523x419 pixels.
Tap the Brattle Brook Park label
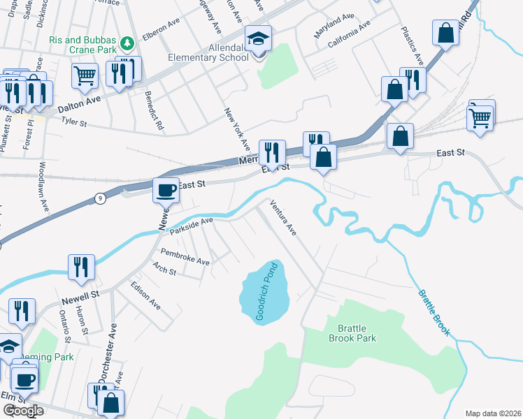pos(352,333)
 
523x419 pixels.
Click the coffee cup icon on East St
pos(166,189)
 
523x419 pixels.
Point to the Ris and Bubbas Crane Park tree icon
pos(127,44)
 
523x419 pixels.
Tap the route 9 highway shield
pos(101,199)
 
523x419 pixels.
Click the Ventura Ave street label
pos(284,217)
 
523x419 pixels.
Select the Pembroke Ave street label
pos(185,256)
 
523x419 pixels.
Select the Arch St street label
pos(164,270)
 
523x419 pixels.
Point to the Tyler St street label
pos(73,122)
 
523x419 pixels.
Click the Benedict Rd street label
pos(154,110)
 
